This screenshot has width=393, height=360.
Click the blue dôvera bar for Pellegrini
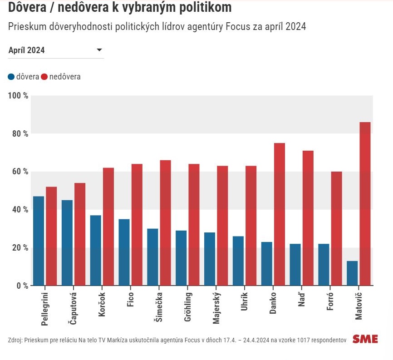point(39,241)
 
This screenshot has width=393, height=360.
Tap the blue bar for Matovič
point(352,273)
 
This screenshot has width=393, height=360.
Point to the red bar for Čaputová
point(80,234)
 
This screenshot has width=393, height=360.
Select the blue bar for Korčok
point(96,250)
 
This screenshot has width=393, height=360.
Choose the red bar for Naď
point(308,218)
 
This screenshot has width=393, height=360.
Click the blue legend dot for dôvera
point(11,77)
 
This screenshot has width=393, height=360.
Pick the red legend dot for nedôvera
point(44,77)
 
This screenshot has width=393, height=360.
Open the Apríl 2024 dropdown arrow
point(99,50)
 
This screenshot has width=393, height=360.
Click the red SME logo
point(365,339)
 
